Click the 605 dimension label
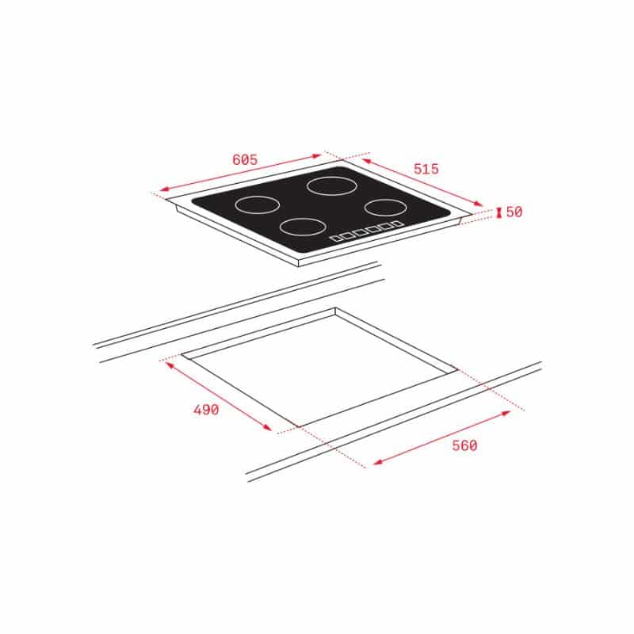(x=245, y=160)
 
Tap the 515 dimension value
(x=426, y=169)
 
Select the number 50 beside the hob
(x=514, y=212)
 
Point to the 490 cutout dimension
(x=206, y=410)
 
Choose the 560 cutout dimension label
(x=464, y=445)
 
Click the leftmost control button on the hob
(x=336, y=239)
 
